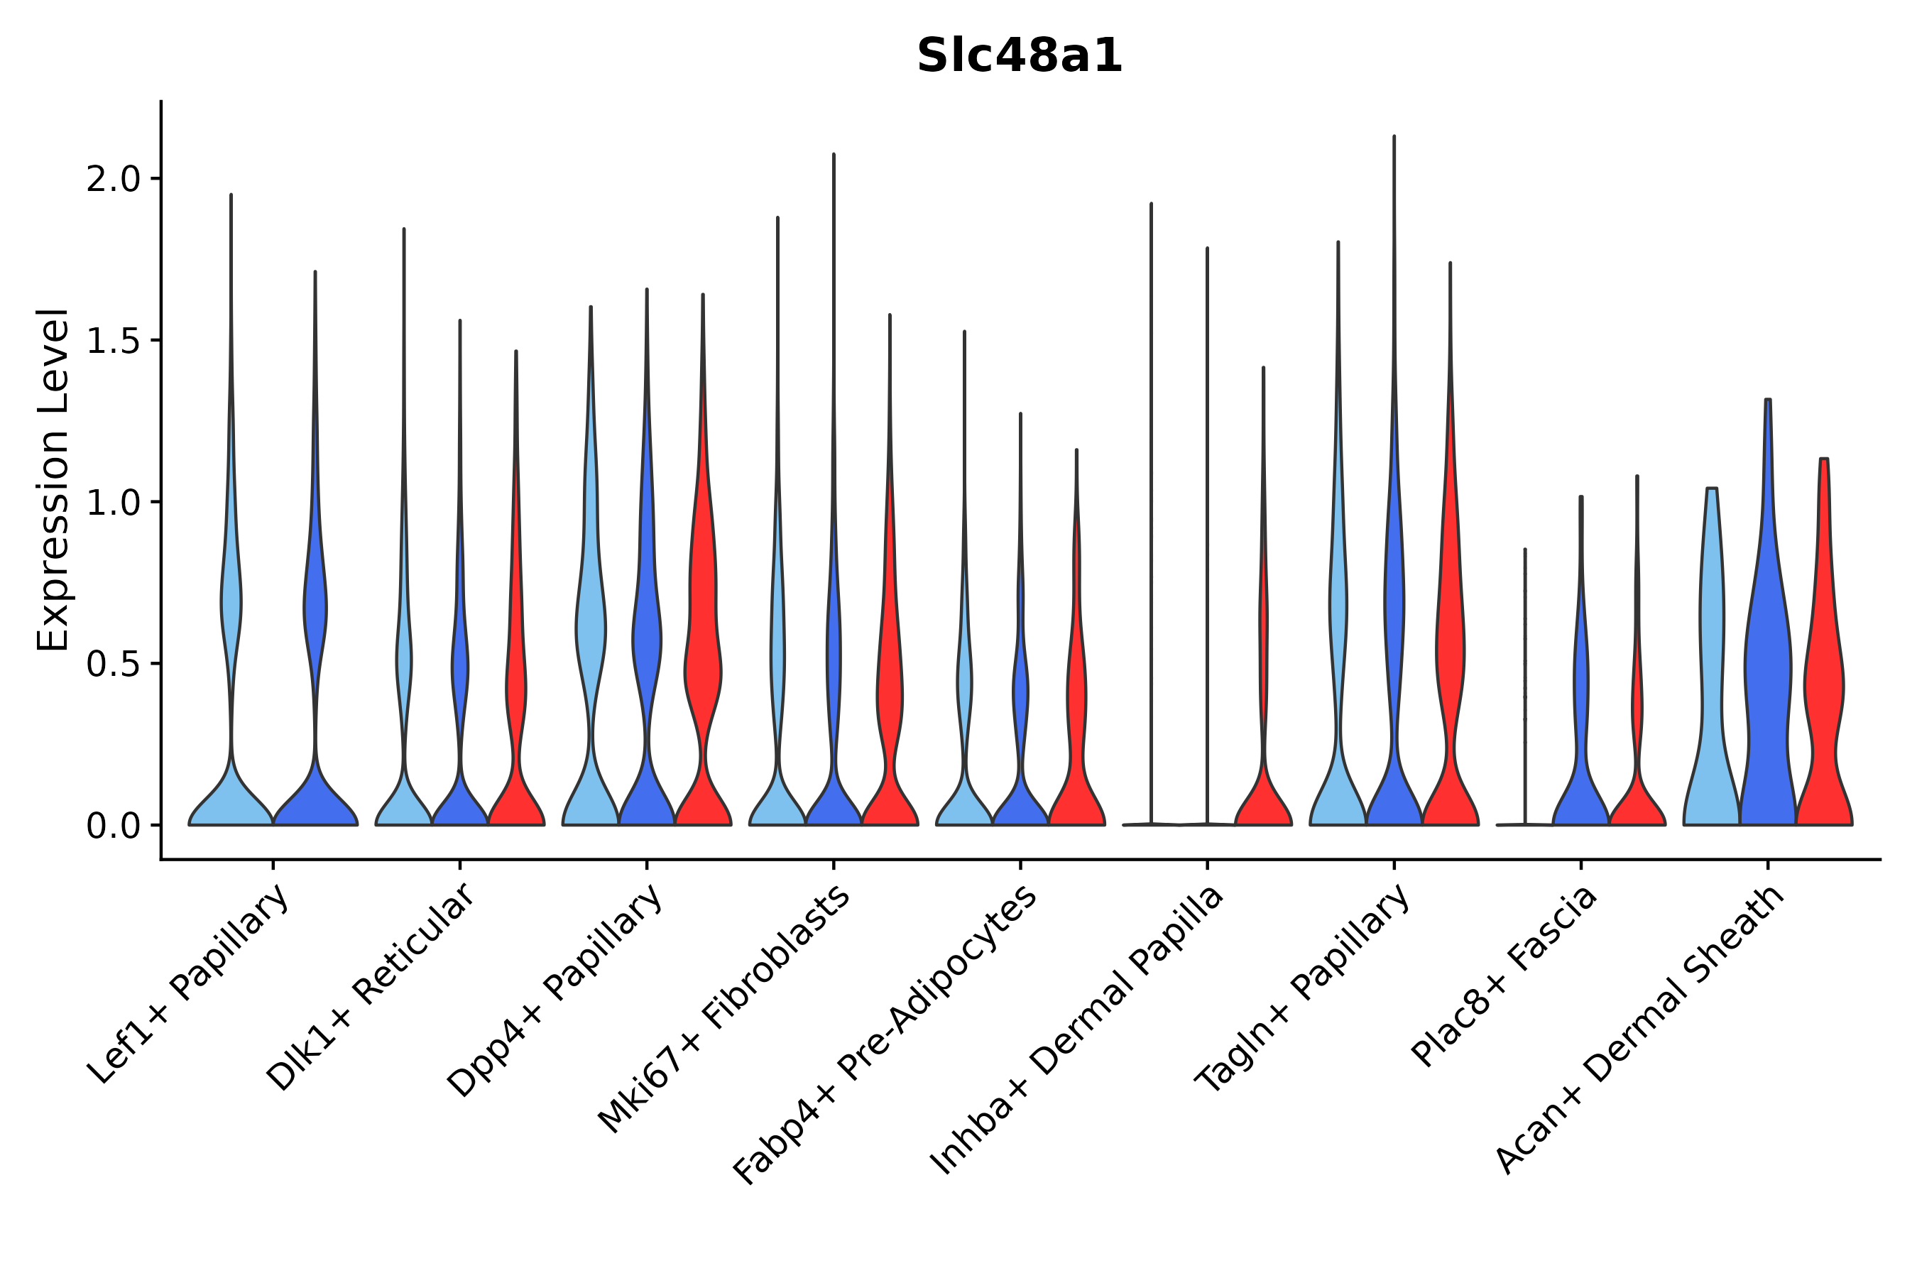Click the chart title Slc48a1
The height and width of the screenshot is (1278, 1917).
click(x=1019, y=55)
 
